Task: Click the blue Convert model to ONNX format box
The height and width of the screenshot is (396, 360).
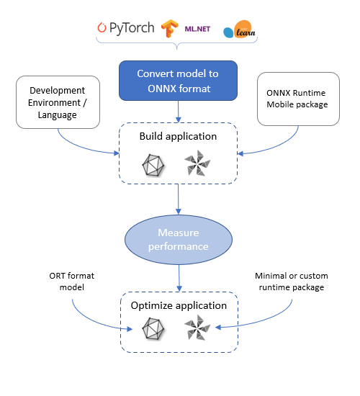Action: [178, 80]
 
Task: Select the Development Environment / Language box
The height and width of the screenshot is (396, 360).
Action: [56, 102]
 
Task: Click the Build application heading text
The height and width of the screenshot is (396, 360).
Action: [178, 135]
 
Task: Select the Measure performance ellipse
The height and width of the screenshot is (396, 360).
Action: [178, 239]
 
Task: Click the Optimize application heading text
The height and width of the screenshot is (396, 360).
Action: [178, 305]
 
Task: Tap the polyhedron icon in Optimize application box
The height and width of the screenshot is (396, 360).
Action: [152, 330]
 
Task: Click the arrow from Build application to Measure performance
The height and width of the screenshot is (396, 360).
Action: [178, 200]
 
